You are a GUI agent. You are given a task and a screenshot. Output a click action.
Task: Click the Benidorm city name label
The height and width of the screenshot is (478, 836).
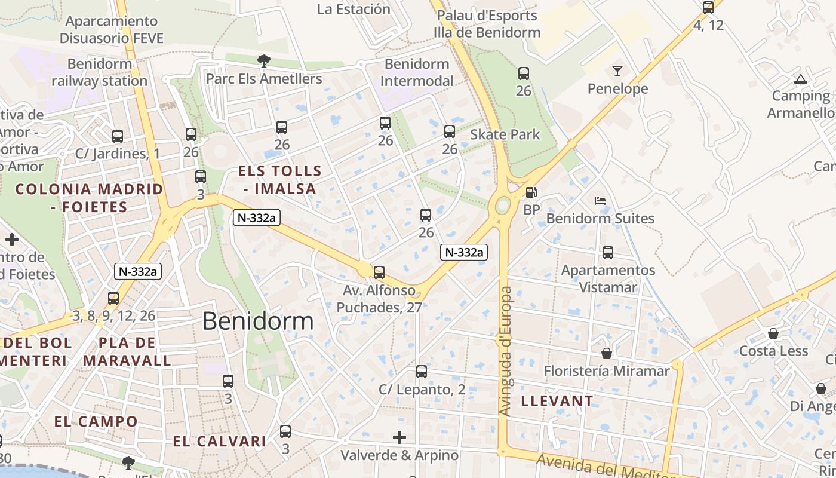(257, 321)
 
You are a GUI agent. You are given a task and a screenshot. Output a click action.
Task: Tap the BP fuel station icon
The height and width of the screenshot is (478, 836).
(530, 192)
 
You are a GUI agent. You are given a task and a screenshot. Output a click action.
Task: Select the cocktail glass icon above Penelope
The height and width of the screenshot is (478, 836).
(617, 72)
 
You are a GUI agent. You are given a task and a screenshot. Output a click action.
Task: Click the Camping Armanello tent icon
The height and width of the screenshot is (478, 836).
(800, 79)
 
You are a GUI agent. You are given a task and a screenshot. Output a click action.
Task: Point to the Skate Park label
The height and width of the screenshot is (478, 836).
(505, 134)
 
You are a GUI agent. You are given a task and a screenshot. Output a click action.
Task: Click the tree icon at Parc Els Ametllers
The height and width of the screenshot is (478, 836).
(263, 60)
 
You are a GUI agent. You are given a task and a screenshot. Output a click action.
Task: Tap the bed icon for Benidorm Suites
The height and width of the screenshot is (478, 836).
(600, 201)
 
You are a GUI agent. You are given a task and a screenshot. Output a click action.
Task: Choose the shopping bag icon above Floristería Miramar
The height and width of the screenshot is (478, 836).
(607, 353)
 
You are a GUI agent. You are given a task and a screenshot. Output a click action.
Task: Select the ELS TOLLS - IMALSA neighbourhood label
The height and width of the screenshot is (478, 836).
(279, 180)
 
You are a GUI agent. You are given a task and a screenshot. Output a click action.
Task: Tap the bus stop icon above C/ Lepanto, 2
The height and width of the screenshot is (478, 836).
(422, 372)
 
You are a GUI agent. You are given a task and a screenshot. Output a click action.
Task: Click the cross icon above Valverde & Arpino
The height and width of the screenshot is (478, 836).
(399, 437)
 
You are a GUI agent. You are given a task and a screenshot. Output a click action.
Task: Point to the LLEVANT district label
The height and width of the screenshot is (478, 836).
(557, 401)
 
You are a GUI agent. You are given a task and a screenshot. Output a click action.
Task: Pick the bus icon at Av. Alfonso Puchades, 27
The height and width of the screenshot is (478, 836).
(379, 272)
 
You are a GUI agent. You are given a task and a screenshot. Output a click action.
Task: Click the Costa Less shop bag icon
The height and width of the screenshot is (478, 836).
(773, 333)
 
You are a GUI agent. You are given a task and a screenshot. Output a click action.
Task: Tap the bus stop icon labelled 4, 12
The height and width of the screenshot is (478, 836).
(708, 8)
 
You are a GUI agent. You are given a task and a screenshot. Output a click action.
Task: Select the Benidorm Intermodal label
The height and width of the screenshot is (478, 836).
(416, 72)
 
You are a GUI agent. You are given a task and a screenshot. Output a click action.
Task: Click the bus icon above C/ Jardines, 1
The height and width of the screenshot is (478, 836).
(118, 136)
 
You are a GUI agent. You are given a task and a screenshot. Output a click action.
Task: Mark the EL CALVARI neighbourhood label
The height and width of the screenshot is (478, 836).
(219, 442)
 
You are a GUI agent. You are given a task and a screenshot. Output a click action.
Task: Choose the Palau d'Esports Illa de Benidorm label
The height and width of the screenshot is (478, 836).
(486, 24)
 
